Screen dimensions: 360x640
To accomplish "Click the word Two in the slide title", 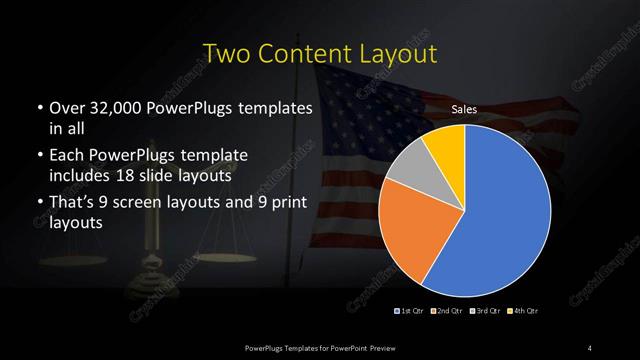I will (x=225, y=52).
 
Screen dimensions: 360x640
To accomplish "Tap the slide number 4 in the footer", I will (x=590, y=346).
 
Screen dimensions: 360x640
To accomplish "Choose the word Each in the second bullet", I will (x=67, y=157).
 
